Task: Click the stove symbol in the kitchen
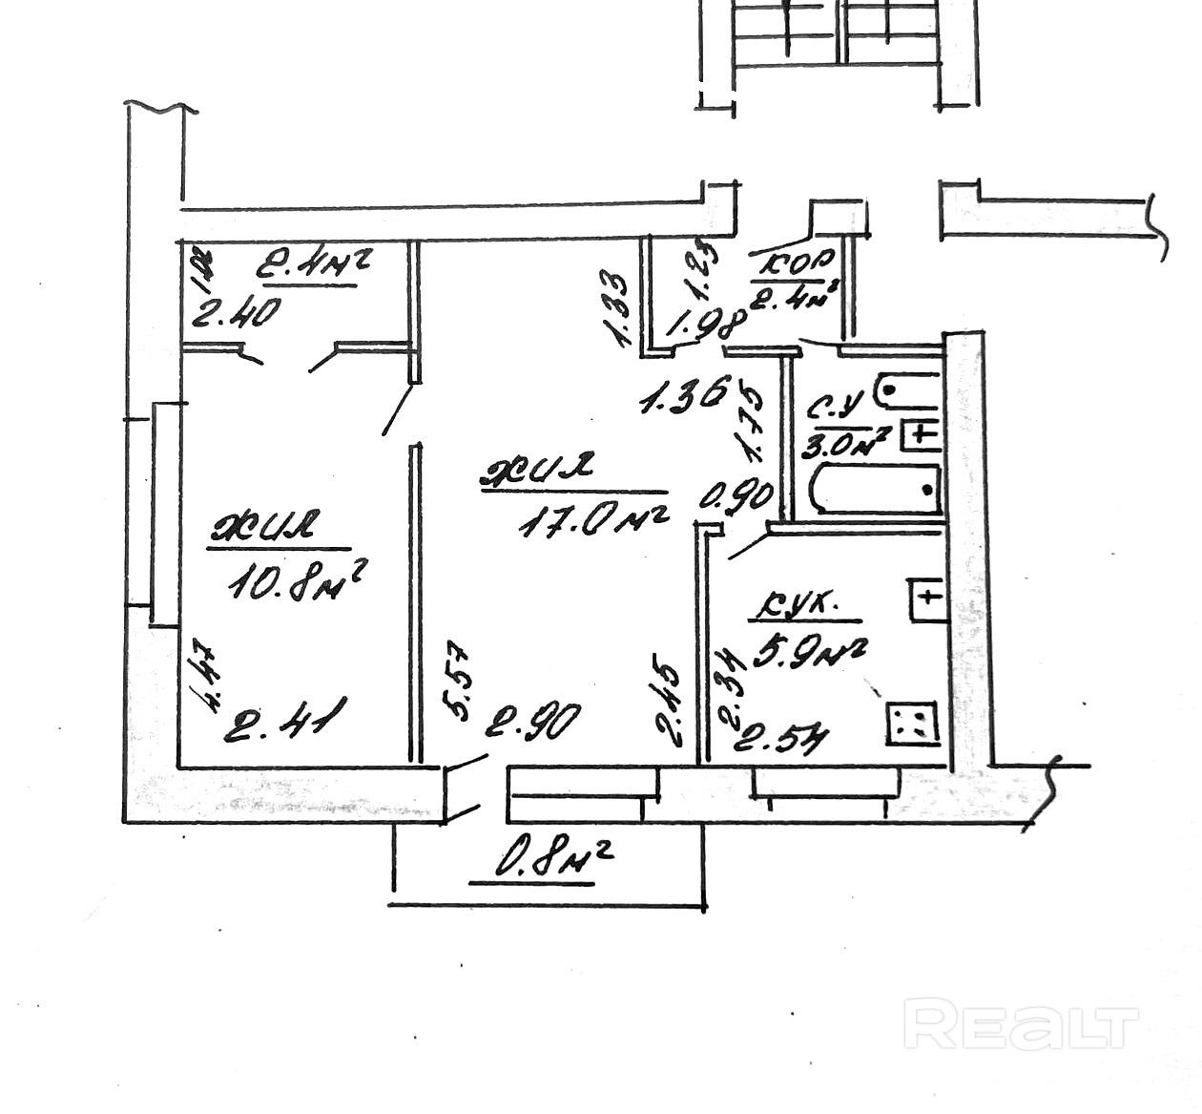pos(912,723)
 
